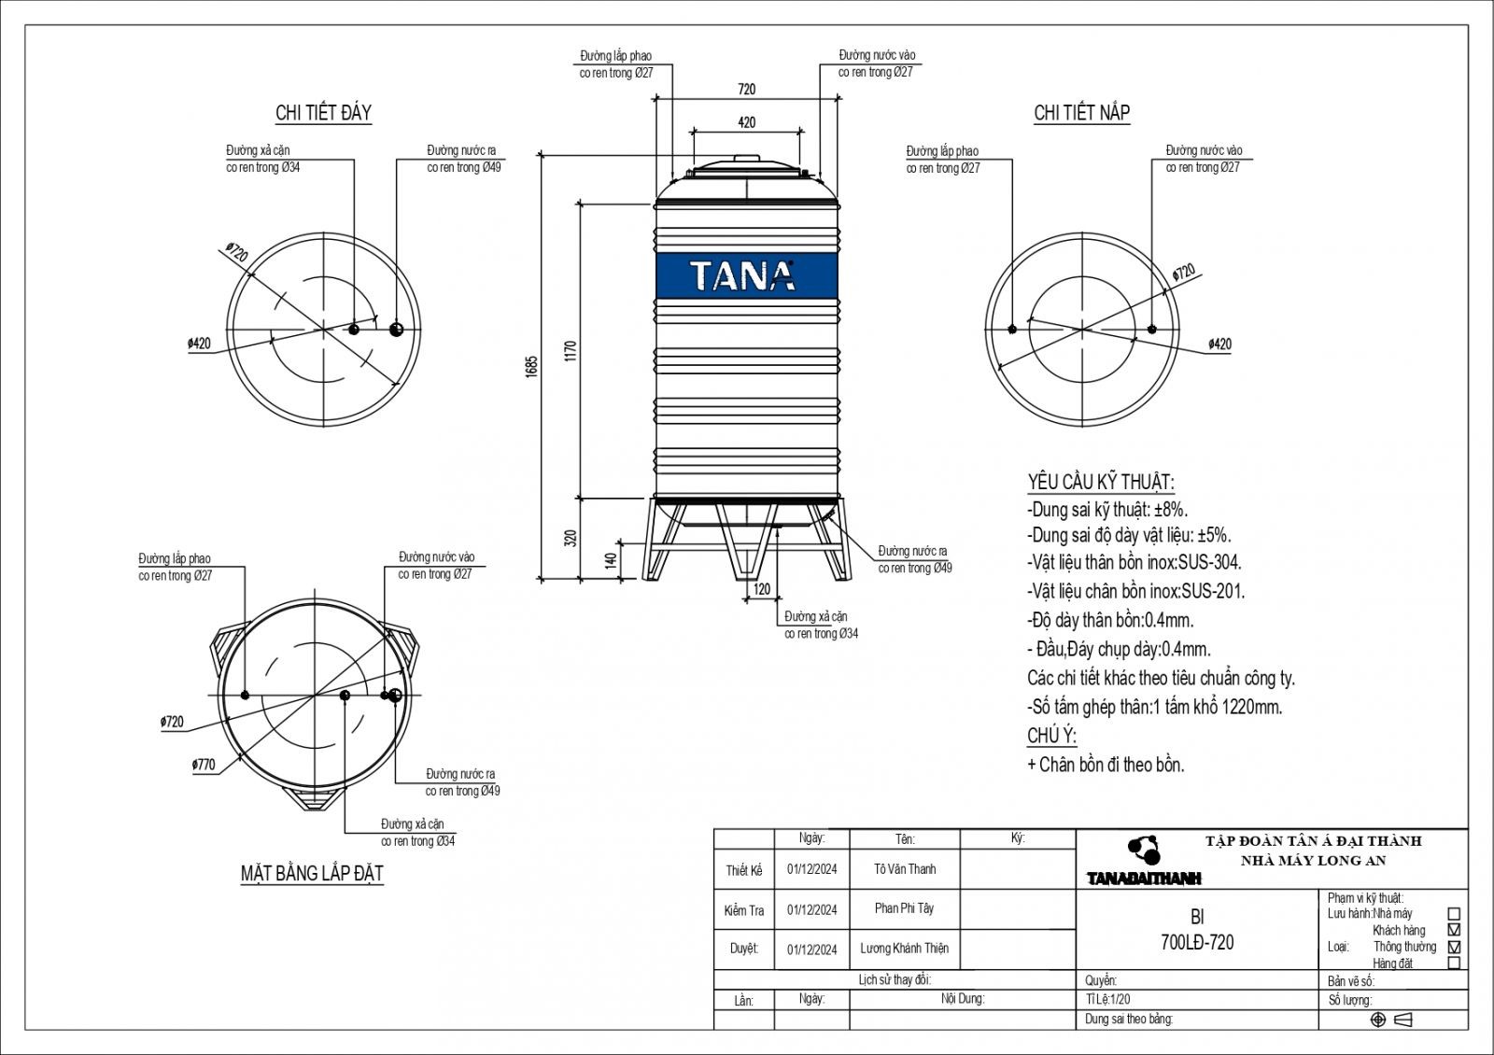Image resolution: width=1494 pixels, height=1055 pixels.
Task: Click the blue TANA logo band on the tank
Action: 746,275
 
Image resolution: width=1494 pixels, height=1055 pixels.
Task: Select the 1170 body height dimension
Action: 571,350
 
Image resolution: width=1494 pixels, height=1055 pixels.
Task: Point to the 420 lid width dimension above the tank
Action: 746,122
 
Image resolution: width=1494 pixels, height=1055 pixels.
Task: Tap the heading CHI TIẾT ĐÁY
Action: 323,113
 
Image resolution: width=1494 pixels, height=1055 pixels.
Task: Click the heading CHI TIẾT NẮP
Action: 1081,113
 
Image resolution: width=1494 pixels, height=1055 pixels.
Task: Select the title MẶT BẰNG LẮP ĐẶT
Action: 312,874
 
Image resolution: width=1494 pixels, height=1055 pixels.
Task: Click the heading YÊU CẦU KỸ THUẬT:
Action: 1100,482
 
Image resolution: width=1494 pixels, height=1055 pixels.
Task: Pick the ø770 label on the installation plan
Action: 204,765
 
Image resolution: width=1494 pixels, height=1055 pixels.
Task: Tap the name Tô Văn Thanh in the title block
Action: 904,869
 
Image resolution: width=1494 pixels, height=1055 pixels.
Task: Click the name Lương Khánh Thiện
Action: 904,949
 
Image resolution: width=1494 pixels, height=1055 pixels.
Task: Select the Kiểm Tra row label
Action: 743,910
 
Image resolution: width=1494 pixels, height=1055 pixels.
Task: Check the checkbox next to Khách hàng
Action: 1453,930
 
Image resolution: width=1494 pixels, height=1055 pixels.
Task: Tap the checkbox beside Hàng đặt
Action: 1453,963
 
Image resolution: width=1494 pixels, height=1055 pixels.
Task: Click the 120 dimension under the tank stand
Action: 762,590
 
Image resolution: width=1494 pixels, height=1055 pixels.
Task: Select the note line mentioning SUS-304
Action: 1135,562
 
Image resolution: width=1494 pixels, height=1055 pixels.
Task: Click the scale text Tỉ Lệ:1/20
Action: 1107,1000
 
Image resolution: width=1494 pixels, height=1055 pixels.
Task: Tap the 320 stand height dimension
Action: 571,539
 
